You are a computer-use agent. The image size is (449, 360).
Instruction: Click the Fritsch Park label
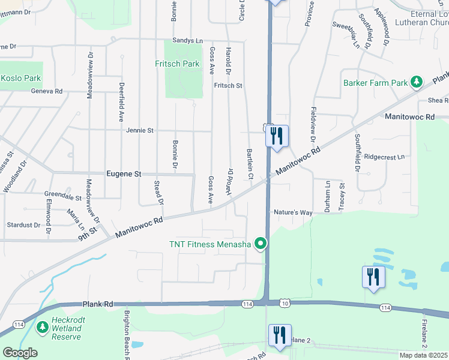point(176,64)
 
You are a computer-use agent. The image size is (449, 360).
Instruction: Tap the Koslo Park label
point(21,79)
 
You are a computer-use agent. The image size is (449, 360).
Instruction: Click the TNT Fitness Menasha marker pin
point(260,244)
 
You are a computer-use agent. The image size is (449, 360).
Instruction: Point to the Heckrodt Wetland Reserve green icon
point(42,327)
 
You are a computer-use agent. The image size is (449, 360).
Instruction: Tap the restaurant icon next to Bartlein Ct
point(276,136)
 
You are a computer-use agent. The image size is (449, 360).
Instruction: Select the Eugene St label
point(124,174)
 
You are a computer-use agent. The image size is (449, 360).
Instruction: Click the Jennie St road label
point(140,130)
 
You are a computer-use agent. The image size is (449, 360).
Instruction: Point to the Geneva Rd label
point(47,91)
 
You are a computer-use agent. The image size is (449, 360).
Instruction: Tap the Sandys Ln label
point(188,41)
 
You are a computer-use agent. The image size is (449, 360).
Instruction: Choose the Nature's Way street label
point(294,212)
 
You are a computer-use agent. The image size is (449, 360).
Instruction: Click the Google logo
point(20,353)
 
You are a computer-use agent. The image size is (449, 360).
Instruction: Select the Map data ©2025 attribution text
point(423,355)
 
